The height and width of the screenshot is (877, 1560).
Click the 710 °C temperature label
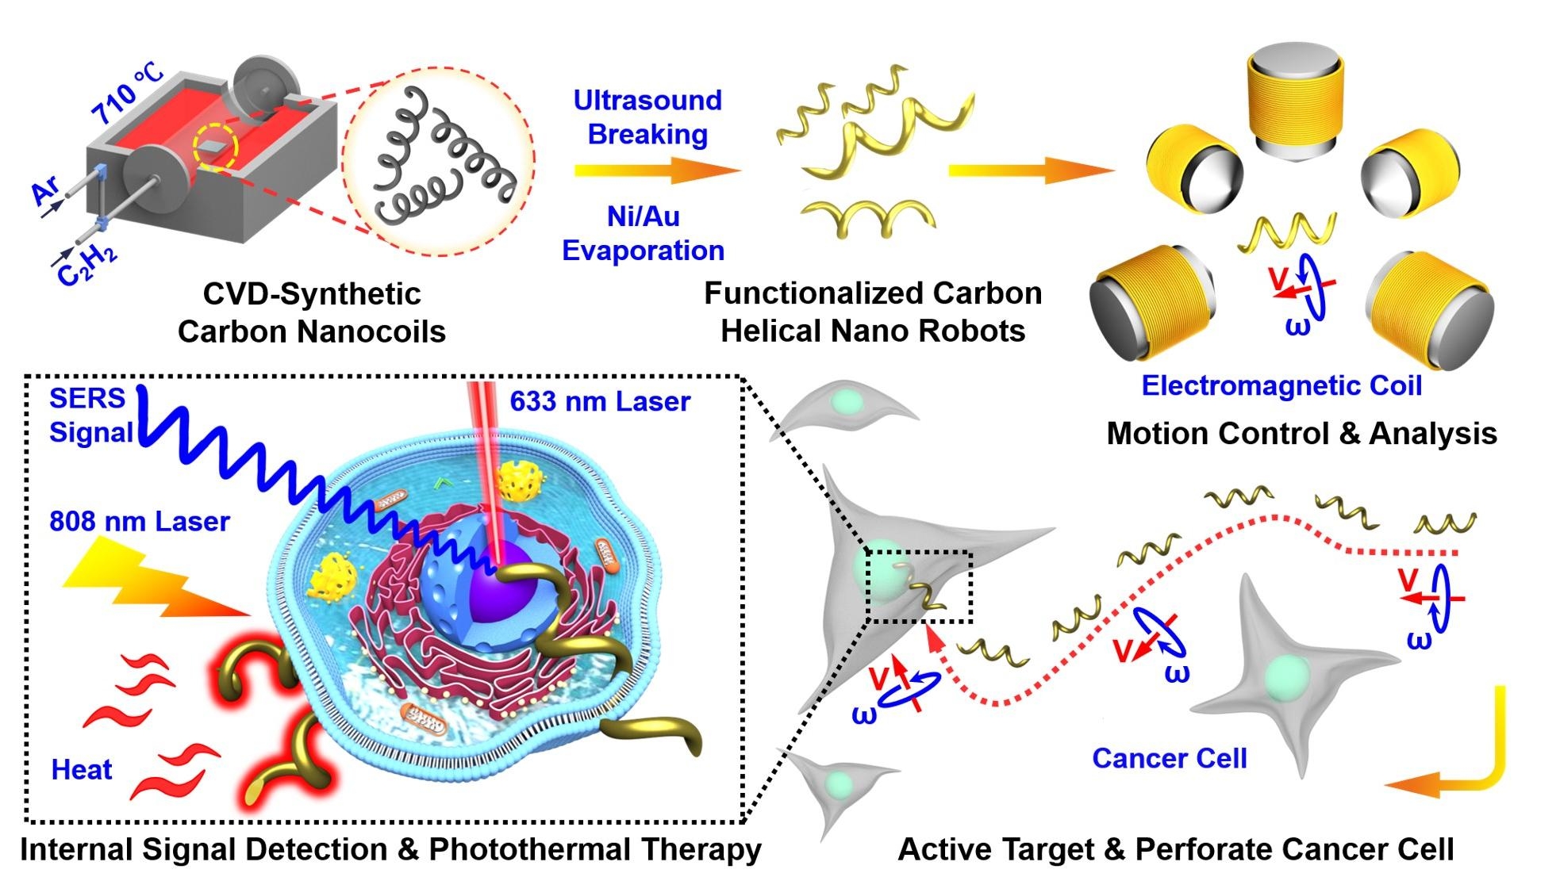pyautogui.click(x=127, y=94)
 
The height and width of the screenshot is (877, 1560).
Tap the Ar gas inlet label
pyautogui.click(x=45, y=192)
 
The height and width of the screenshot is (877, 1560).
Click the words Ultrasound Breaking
pyautogui.click(x=647, y=117)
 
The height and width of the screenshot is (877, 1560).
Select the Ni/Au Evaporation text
pyautogui.click(x=643, y=233)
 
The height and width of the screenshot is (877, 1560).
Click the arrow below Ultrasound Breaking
pyautogui.click(x=657, y=170)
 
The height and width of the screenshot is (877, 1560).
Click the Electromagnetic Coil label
pyautogui.click(x=1281, y=385)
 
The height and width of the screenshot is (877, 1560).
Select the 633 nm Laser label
pyautogui.click(x=600, y=401)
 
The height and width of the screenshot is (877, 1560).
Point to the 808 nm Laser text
pyautogui.click(x=140, y=521)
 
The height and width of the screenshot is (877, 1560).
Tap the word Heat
pyautogui.click(x=82, y=769)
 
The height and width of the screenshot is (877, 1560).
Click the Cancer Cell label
pyautogui.click(x=1169, y=758)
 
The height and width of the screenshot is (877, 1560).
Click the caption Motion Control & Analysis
pyautogui.click(x=1301, y=433)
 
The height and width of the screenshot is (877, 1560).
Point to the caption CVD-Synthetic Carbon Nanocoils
pyautogui.click(x=312, y=312)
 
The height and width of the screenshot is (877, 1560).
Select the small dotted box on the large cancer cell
pyautogui.click(x=919, y=587)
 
